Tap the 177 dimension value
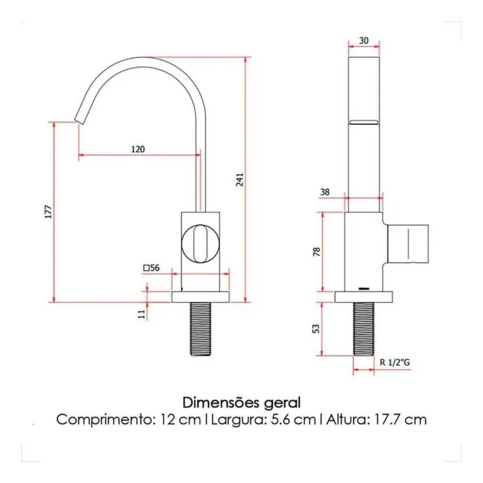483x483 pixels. [x=49, y=212]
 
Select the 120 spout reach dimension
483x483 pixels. [x=138, y=149]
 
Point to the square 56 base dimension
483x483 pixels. [x=152, y=268]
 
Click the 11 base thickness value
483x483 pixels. [x=142, y=314]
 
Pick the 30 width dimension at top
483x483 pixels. [x=364, y=40]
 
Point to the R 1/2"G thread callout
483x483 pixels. [x=394, y=363]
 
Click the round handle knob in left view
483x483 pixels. [x=200, y=243]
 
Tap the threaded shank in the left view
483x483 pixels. [x=200, y=328]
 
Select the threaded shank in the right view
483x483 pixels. [x=364, y=328]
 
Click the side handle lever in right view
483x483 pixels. [x=408, y=244]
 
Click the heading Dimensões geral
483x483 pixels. [x=241, y=402]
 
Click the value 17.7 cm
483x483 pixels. [x=397, y=420]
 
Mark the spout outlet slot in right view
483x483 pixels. [x=364, y=122]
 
